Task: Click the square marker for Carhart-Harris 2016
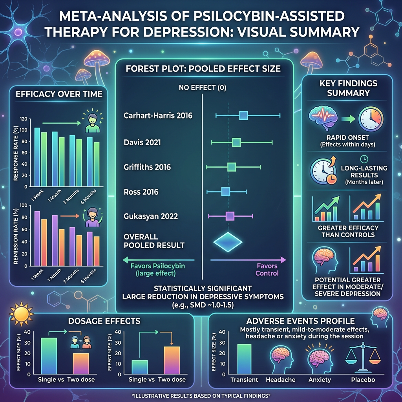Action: click(243, 115)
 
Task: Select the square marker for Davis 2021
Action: click(236, 142)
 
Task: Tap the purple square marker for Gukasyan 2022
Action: click(230, 216)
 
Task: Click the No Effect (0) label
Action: click(202, 87)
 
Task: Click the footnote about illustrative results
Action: click(201, 393)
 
